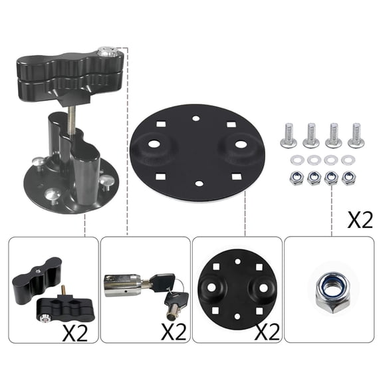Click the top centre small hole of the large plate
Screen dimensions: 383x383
[x=195, y=118]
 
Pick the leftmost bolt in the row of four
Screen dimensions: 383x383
[x=289, y=136]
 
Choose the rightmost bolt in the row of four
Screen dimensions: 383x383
[x=356, y=135]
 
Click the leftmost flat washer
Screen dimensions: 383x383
[x=295, y=160]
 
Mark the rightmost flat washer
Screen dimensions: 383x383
[x=347, y=160]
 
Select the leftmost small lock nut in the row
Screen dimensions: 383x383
[x=295, y=178]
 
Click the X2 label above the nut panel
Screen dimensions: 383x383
[x=360, y=220]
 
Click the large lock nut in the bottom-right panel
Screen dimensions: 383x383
[x=330, y=291]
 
